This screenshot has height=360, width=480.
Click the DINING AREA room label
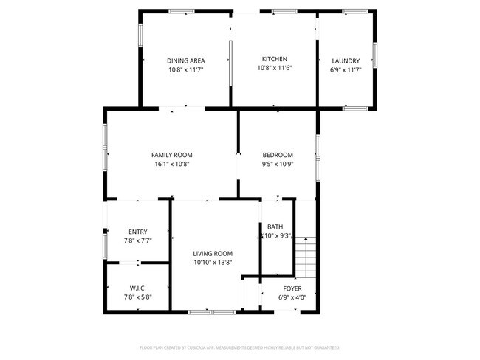(185, 60)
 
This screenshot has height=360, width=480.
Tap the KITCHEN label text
(275, 59)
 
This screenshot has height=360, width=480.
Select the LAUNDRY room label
(346, 61)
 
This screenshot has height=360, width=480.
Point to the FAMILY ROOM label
(172, 155)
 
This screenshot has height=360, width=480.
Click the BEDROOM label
(278, 155)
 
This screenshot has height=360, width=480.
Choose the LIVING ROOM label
(213, 253)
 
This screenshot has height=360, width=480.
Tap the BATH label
(275, 226)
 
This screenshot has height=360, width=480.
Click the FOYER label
(292, 288)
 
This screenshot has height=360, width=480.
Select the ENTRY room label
(137, 232)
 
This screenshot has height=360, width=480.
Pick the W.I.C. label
(137, 288)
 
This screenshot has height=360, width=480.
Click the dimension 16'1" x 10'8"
(172, 165)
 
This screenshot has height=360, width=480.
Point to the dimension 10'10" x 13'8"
(213, 263)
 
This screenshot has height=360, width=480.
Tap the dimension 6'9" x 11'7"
(346, 70)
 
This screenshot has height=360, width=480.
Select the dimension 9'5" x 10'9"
(278, 165)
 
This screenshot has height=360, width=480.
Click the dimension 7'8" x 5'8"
(137, 297)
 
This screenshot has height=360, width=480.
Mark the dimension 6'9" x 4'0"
(292, 297)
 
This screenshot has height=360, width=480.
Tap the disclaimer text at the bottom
(239, 347)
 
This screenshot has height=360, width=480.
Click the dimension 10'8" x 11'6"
(275, 68)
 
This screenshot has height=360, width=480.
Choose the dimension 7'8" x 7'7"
(137, 240)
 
